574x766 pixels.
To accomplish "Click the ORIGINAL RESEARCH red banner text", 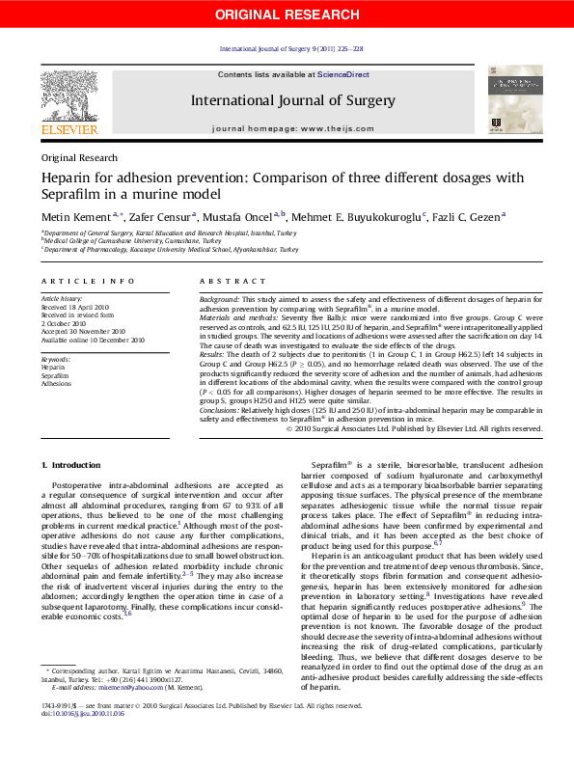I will (x=287, y=14).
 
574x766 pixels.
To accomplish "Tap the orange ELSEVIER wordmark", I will (x=68, y=129).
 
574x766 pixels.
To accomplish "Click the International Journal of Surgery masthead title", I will (x=292, y=100).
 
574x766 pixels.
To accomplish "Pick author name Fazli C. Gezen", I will (x=466, y=217).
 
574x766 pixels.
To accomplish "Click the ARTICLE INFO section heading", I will (x=88, y=281).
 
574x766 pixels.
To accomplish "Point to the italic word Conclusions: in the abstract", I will (x=219, y=410).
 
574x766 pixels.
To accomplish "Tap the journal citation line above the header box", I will (x=291, y=48).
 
